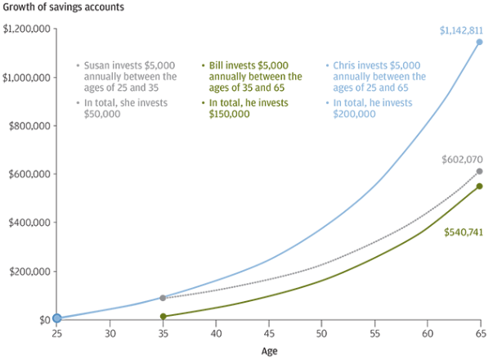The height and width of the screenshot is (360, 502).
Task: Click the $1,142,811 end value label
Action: pyautogui.click(x=460, y=30)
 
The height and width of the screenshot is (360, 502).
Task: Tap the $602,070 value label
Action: pyautogui.click(x=460, y=160)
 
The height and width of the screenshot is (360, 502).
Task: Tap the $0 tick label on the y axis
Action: pyautogui.click(x=42, y=319)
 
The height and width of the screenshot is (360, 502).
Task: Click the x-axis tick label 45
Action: pyautogui.click(x=268, y=334)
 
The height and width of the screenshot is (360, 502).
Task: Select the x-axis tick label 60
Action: pyautogui.click(x=427, y=334)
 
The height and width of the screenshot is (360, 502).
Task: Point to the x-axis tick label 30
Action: pyautogui.click(x=110, y=334)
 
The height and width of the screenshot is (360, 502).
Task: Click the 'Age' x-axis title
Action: pyautogui.click(x=269, y=351)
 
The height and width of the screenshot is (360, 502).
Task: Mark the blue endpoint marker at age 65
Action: pyautogui.click(x=480, y=42)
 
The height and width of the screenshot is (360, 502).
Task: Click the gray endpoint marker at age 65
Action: pyautogui.click(x=480, y=171)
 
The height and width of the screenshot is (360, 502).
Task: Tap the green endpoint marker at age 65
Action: pyautogui.click(x=480, y=186)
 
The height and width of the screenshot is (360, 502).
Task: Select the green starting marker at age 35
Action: pyautogui.click(x=163, y=316)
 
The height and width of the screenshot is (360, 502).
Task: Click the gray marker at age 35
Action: pyautogui.click(x=163, y=298)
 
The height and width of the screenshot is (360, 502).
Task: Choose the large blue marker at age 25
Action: pyautogui.click(x=56, y=317)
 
